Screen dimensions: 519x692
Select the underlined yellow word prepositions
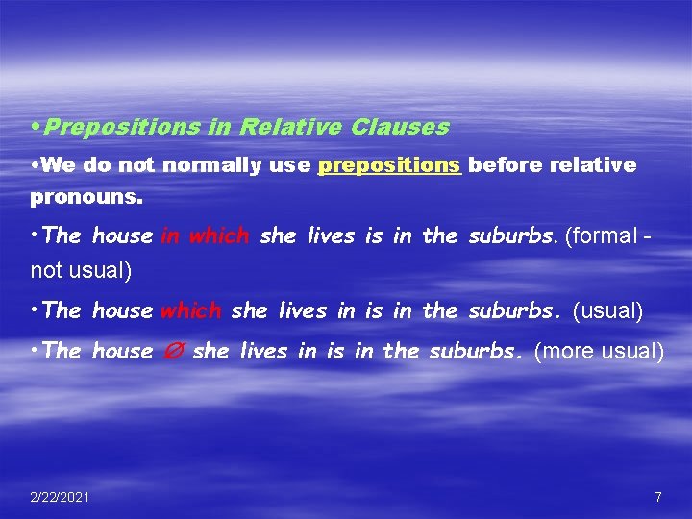point(389,165)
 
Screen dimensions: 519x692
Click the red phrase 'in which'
point(205,236)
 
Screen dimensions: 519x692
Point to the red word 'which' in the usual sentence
point(190,310)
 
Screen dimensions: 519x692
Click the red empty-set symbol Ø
point(171,352)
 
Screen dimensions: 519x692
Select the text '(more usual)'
point(598,352)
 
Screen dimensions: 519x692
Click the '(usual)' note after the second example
point(607,310)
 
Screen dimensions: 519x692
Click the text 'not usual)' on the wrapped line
point(81,271)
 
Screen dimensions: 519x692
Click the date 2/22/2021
point(61,497)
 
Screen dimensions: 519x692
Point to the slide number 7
point(657,497)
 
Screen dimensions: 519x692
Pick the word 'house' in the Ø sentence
point(122,352)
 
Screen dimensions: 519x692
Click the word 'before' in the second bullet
point(505,165)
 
